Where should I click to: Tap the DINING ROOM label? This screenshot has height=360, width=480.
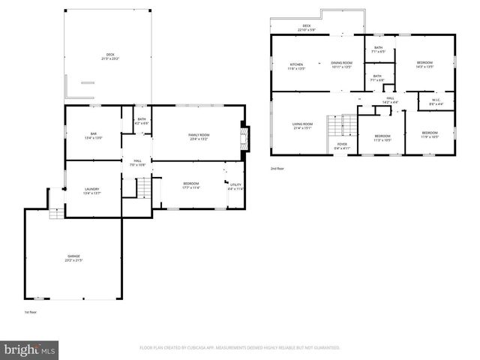click(341, 65)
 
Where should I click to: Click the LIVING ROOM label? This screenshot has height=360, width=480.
click(303, 125)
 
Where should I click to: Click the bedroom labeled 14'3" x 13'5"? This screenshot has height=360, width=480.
click(424, 65)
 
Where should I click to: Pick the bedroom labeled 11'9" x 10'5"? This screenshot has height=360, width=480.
click(429, 135)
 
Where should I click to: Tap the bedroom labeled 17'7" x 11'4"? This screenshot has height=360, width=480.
click(191, 185)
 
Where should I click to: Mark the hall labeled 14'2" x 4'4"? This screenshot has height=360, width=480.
click(390, 100)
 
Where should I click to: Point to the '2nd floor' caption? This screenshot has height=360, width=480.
click(277, 169)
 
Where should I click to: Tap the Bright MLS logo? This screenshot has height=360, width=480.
click(30, 349)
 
